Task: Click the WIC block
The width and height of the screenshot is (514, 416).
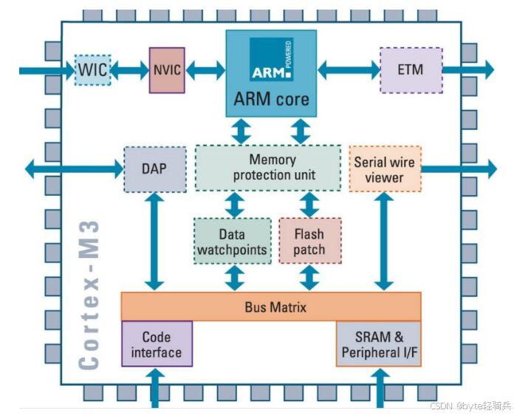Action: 93,69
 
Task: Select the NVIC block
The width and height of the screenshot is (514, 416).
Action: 167,70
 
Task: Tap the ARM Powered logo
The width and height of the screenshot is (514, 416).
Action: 271,60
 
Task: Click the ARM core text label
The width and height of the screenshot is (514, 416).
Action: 271,99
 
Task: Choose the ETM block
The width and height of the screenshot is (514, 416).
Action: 411,70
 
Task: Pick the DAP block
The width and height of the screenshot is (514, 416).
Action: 154,168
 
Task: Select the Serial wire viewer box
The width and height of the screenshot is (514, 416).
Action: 384,168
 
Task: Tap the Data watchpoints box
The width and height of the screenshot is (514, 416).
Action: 232,241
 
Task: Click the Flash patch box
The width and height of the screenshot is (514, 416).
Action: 309,241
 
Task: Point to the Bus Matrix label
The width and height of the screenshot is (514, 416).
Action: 270,306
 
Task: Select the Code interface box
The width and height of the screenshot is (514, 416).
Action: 157,344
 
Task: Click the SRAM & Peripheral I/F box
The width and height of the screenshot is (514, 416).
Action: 379,344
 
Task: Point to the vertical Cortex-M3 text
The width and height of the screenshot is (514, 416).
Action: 89,295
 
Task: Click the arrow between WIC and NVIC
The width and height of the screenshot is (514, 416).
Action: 130,70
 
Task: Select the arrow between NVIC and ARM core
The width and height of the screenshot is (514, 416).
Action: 205,70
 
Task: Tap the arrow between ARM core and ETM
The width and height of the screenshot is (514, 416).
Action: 348,70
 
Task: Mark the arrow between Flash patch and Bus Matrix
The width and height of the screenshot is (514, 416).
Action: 309,278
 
